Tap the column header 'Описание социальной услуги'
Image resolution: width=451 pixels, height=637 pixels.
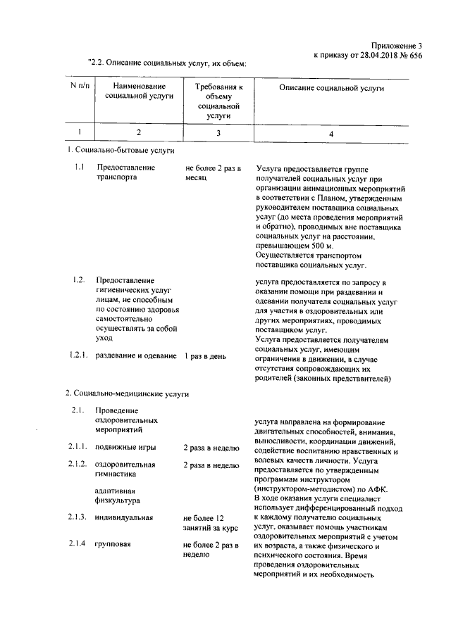click(331, 89)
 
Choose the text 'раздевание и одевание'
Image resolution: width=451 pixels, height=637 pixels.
click(136, 356)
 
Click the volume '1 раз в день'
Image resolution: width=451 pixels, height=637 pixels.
click(205, 356)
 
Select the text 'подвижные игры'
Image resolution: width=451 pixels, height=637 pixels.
click(125, 447)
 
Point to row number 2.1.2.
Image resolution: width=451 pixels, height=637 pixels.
click(78, 464)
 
